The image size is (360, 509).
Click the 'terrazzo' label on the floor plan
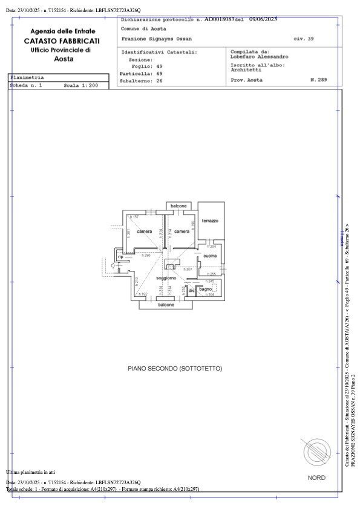coord(210,221)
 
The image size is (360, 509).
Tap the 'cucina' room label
coord(210,256)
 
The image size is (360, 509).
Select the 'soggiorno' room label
coord(166,277)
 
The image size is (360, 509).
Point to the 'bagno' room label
coord(206,290)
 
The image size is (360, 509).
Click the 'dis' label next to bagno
coord(191,291)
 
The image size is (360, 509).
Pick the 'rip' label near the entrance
coord(120,257)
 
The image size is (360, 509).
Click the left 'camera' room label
coord(144,232)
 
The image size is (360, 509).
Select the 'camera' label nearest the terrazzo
coord(182,232)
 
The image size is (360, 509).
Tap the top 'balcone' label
coord(178,206)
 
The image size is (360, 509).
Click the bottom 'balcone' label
coord(166,305)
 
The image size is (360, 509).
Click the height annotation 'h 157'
coord(135,216)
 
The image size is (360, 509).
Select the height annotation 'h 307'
coord(188,269)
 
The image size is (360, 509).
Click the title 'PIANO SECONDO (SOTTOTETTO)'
coord(175,368)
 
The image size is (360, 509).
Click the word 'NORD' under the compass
coord(316,478)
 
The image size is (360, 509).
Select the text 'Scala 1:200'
coord(81,86)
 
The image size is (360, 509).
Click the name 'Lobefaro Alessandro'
coord(255,56)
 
